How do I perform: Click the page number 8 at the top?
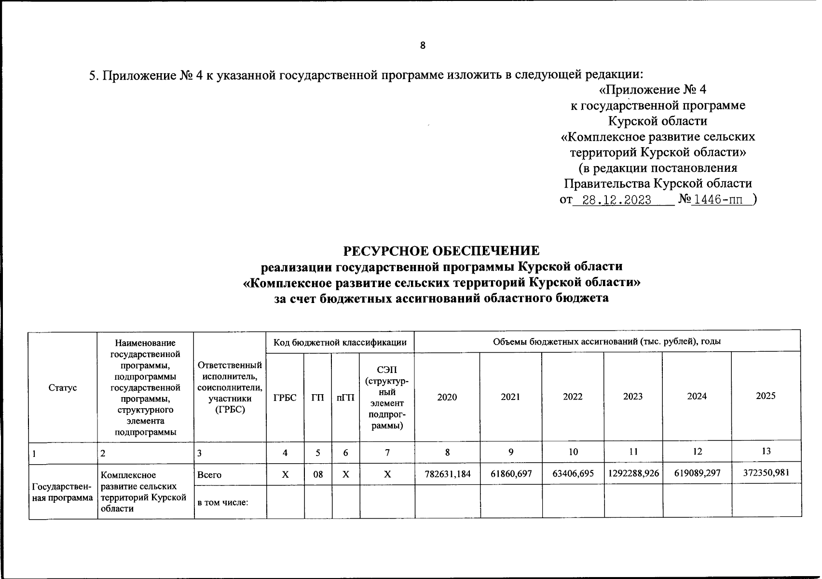click(423, 46)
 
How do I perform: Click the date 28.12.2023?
click(617, 200)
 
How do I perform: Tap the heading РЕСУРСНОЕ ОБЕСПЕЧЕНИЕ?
click(441, 251)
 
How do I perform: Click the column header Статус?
click(63, 387)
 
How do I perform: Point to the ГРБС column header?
click(285, 398)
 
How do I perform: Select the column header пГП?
click(345, 398)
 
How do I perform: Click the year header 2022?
click(573, 397)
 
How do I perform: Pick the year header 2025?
click(766, 396)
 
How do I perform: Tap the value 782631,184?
click(447, 474)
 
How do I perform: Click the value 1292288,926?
click(633, 474)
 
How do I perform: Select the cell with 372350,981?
click(766, 473)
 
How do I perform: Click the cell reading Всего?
click(209, 475)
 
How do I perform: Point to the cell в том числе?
click(222, 503)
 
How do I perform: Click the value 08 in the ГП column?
click(318, 474)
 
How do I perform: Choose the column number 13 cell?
click(766, 451)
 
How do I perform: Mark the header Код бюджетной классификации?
click(340, 343)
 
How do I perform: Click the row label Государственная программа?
click(63, 492)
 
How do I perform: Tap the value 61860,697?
click(511, 474)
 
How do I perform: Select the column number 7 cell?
click(387, 453)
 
